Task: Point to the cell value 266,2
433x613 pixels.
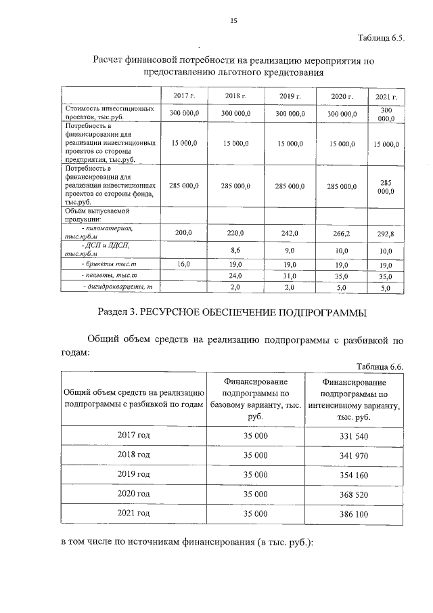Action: [342, 234]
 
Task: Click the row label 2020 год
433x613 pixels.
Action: [133, 495]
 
